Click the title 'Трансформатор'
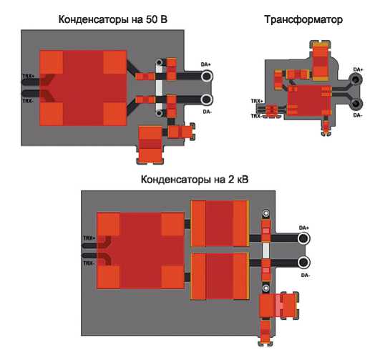pyautogui.click(x=303, y=19)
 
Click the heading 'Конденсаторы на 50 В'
pyautogui.click(x=112, y=19)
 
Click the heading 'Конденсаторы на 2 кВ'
pyautogui.click(x=195, y=179)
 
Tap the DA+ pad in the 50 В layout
pyautogui.click(x=207, y=77)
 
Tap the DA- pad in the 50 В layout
pyautogui.click(x=207, y=99)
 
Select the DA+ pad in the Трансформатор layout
pyautogui.click(x=356, y=79)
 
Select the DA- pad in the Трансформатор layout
pyautogui.click(x=356, y=104)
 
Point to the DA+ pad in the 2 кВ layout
pyautogui.click(x=303, y=239)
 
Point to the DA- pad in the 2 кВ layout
pyautogui.click(x=303, y=263)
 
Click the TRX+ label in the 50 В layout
pyautogui.click(x=29, y=77)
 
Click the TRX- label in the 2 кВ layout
pyautogui.click(x=89, y=263)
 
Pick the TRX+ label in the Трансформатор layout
pyautogui.click(x=257, y=101)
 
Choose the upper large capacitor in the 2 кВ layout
pyautogui.click(x=220, y=223)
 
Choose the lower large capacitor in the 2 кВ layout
pyautogui.click(x=220, y=276)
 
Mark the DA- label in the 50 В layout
pyautogui.click(x=207, y=112)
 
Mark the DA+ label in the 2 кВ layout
pyautogui.click(x=303, y=228)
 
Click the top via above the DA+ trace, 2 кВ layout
pyautogui.click(x=266, y=213)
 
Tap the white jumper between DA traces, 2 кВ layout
pyautogui.click(x=266, y=250)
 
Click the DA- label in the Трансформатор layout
pyautogui.click(x=358, y=115)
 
